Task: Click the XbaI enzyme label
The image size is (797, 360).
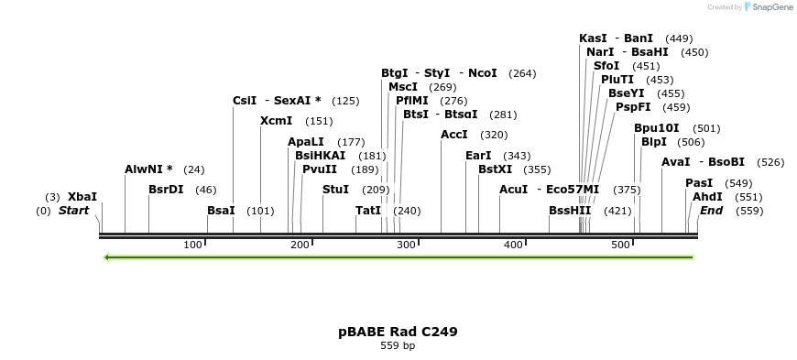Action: coord(82,197)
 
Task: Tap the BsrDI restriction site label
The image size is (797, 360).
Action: coord(166,190)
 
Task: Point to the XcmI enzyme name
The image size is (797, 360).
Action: coord(277,121)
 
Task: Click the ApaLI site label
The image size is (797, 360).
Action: coord(306,142)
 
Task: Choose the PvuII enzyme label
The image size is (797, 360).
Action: coord(320,169)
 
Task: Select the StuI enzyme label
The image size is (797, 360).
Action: coord(336,190)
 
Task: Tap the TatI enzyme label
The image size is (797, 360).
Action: coord(368,211)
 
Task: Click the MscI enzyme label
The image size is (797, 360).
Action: coord(403,87)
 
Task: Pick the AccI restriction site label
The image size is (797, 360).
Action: coord(454,135)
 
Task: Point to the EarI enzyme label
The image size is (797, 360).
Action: coord(478,156)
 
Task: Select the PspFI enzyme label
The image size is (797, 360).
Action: coord(633,107)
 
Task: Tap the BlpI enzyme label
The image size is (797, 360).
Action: coord(654,142)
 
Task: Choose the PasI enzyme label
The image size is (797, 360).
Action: coord(699,183)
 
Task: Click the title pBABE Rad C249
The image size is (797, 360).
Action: coord(398,332)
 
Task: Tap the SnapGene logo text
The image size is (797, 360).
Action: coord(771,7)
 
